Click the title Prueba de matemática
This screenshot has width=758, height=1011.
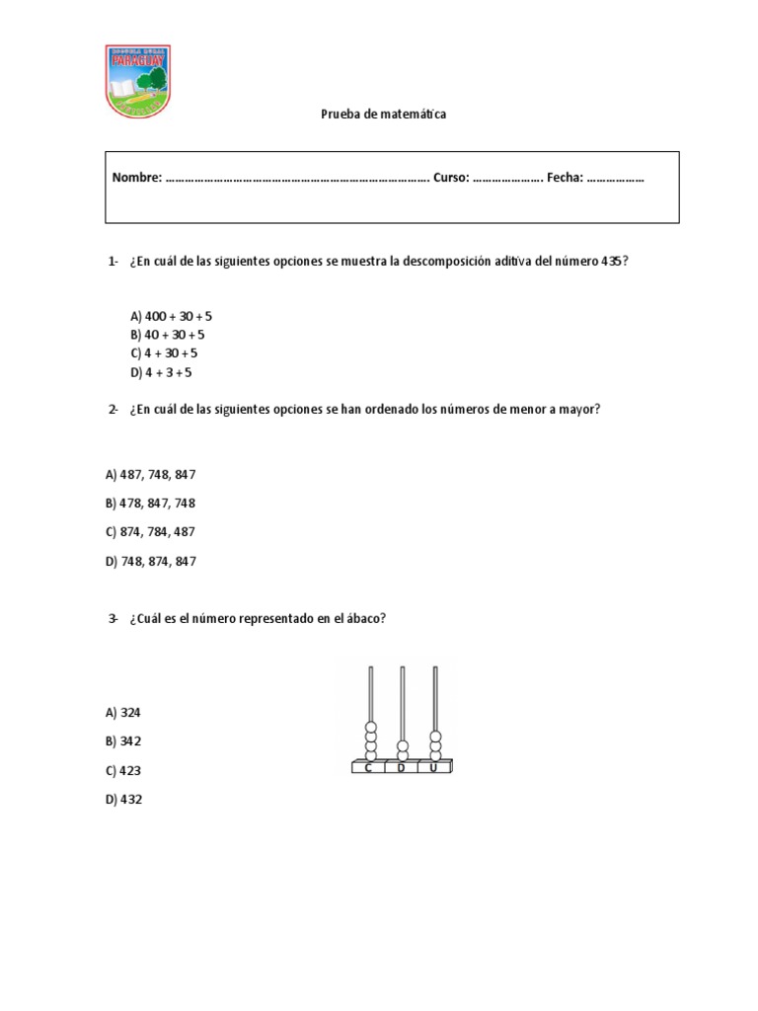tap(383, 115)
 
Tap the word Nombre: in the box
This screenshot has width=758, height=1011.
tap(136, 178)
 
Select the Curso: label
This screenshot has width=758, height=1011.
tap(450, 178)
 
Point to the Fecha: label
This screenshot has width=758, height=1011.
tap(566, 178)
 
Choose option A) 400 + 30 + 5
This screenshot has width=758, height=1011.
tap(171, 316)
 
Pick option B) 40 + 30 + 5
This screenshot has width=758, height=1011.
tap(167, 335)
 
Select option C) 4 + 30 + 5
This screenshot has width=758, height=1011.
tap(164, 352)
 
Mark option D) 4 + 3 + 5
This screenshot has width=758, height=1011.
tap(161, 372)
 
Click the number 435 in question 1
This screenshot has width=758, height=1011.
tap(613, 262)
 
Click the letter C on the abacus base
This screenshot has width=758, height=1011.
tap(368, 767)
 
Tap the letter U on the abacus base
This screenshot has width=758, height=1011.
tap(433, 767)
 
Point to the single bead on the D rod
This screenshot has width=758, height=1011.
tap(402, 747)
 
